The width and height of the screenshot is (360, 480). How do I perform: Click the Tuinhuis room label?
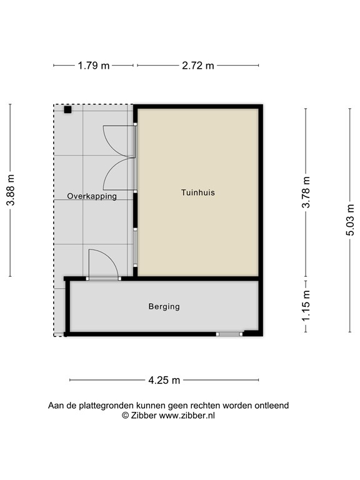point(197,192)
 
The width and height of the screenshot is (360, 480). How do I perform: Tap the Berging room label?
point(164,306)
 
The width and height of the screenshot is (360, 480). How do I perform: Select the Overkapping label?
point(92,196)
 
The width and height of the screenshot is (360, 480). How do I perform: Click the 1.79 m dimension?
point(94,66)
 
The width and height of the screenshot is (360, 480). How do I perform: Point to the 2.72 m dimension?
point(197,66)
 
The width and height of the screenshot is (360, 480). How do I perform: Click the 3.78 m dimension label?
point(306,192)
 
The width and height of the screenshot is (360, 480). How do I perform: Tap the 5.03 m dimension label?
point(350,220)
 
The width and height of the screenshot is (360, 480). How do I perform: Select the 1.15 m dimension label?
point(306,306)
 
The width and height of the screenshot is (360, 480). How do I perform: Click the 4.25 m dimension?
point(164,380)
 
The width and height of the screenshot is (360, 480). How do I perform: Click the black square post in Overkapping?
point(67,110)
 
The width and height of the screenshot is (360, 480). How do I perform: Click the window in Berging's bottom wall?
point(229,334)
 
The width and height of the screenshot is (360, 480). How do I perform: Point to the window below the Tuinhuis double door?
point(136,247)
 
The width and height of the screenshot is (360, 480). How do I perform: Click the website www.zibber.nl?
point(187,415)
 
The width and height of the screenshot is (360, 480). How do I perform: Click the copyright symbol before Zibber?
point(125,415)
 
